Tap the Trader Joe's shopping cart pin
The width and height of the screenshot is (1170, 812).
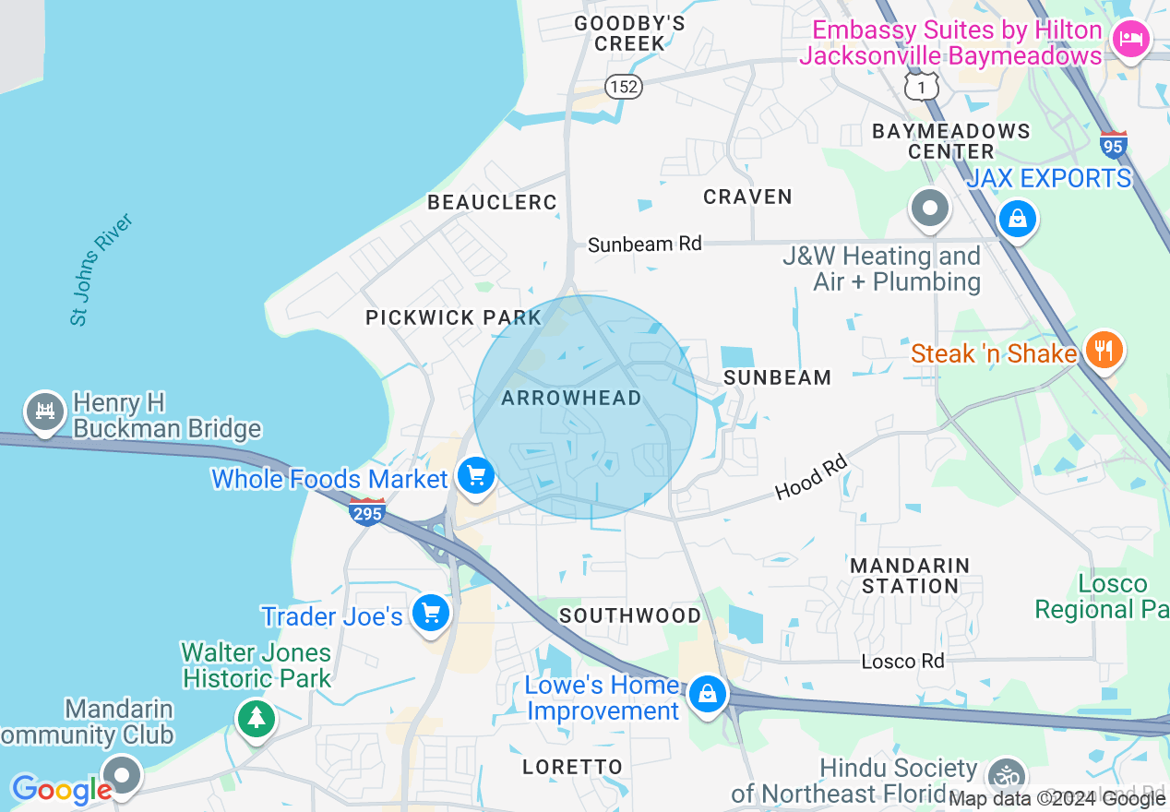[x=430, y=613]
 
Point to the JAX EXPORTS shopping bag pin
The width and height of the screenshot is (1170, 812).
[x=1016, y=220]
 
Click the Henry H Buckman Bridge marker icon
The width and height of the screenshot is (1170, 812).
[x=44, y=412]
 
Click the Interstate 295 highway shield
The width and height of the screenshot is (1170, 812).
[x=367, y=511]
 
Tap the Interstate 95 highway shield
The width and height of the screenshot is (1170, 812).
[x=1114, y=145]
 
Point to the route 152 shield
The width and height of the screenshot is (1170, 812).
[x=624, y=86]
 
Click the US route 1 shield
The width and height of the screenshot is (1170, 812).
[x=920, y=86]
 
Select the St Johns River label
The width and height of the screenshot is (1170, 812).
[x=102, y=269]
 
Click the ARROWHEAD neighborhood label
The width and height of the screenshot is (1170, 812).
[x=571, y=398]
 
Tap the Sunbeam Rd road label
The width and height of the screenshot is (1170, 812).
[x=645, y=244]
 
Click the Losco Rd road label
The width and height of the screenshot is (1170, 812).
[x=902, y=661]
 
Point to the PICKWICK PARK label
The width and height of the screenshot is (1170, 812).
[x=453, y=317]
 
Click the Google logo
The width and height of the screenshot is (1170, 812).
[x=62, y=790]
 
